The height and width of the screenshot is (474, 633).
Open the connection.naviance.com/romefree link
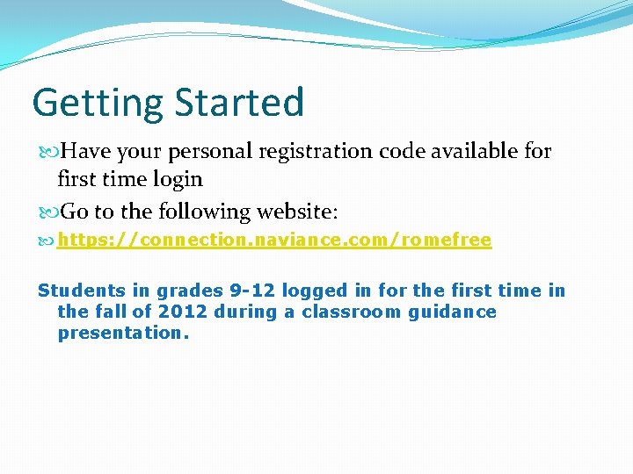(x=274, y=241)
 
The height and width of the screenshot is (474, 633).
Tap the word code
(x=404, y=151)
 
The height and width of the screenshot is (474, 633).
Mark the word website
(x=304, y=212)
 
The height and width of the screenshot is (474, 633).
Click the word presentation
(x=123, y=333)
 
